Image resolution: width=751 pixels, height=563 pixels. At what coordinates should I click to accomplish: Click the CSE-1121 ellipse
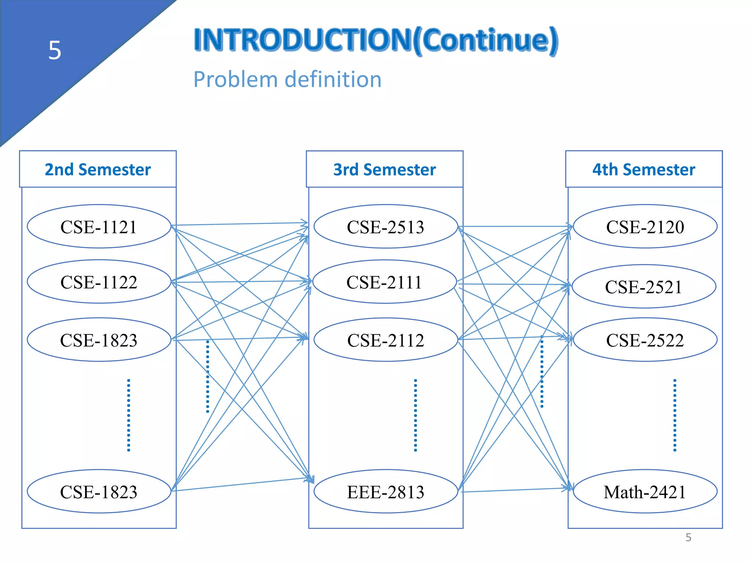[99, 227]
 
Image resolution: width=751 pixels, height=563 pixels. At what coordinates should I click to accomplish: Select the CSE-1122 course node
[99, 282]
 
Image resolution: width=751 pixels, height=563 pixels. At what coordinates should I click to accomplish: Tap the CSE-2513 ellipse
[386, 227]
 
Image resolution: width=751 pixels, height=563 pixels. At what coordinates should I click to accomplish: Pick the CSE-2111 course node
[384, 282]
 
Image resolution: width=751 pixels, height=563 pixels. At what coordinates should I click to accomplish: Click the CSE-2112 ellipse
[386, 340]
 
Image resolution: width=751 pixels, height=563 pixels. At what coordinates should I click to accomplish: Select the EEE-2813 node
[386, 492]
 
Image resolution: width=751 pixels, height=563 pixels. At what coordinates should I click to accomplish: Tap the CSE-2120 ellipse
[645, 227]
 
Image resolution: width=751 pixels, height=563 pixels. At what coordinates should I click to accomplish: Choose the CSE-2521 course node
[644, 287]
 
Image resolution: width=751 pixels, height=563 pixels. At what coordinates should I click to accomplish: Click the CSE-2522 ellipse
[645, 340]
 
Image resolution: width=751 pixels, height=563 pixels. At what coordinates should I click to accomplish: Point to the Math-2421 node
[645, 492]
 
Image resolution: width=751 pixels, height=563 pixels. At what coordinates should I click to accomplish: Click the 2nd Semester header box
[98, 169]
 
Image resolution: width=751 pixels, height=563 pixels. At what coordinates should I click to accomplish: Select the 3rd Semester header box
[385, 169]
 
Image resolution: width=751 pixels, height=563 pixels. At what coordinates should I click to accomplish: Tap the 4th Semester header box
[644, 169]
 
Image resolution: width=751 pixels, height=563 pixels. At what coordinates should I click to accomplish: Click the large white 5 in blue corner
[55, 50]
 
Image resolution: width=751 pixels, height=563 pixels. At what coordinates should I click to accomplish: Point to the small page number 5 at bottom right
[688, 537]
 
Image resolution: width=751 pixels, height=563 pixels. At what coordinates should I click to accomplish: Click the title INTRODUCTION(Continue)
[376, 40]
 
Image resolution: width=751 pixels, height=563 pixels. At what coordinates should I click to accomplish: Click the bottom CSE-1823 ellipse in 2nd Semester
[99, 492]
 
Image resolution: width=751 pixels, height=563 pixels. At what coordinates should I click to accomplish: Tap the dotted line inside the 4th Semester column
[675, 415]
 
